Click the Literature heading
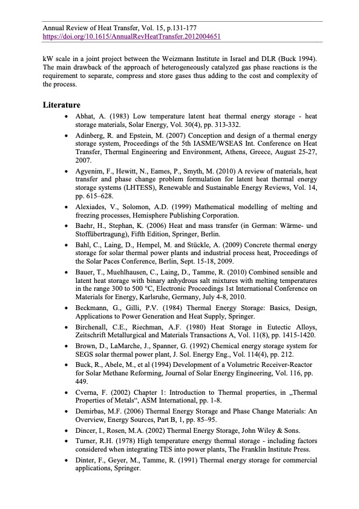tap(61, 105)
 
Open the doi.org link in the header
tap(131, 36)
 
